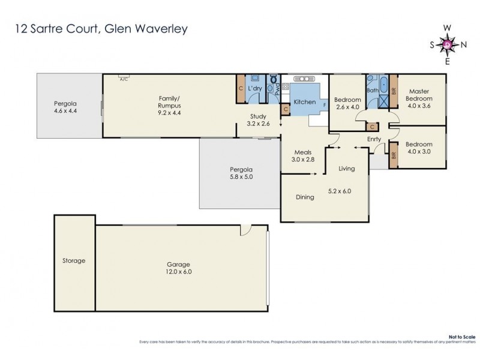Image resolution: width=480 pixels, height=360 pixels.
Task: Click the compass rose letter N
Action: click(x=464, y=44)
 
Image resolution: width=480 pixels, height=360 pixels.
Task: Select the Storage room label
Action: click(x=73, y=260)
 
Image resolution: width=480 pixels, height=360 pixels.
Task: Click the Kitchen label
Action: click(x=304, y=102)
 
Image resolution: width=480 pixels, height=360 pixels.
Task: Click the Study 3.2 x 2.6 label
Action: click(x=259, y=120)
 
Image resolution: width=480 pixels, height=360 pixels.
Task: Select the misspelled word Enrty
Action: click(x=374, y=139)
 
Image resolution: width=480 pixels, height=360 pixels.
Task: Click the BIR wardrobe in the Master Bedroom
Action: click(x=394, y=92)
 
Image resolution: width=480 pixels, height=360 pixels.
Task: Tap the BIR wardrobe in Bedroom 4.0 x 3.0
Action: click(x=394, y=155)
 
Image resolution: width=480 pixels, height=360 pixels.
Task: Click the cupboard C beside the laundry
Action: click(x=240, y=88)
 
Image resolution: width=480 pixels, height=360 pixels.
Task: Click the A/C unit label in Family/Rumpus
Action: click(x=124, y=78)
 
